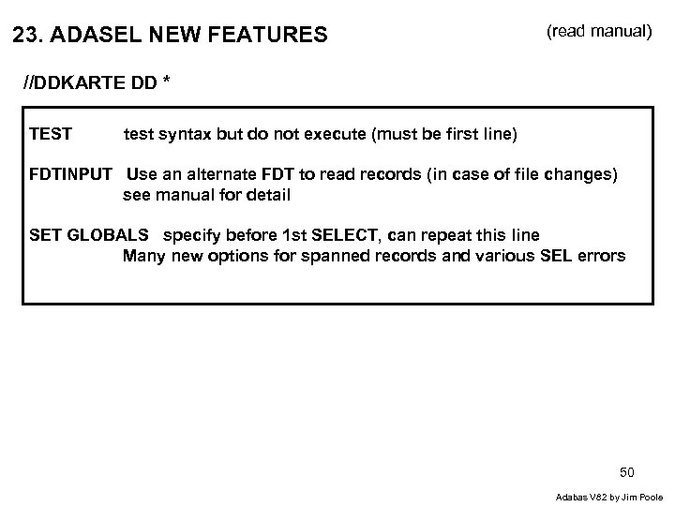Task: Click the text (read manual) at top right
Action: coord(598,32)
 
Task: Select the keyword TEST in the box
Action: coord(51,134)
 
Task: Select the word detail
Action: coord(269,195)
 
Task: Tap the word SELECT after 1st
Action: coord(357,235)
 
